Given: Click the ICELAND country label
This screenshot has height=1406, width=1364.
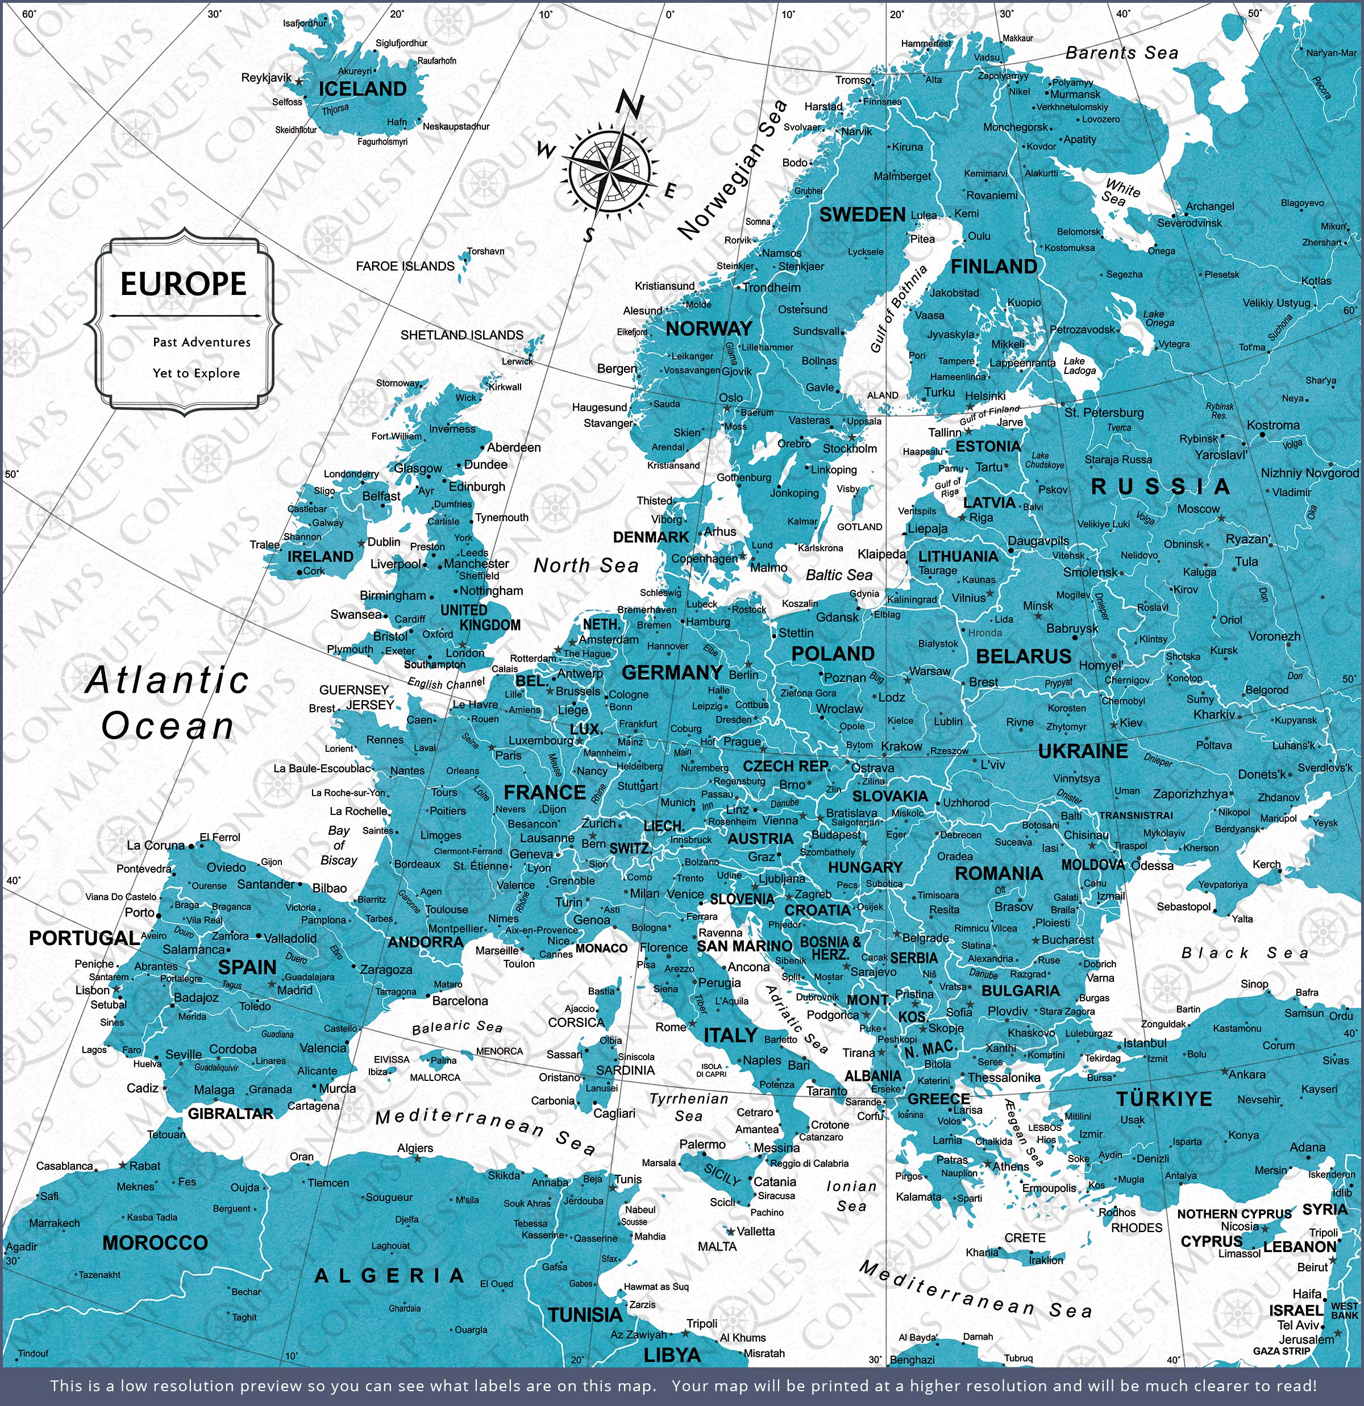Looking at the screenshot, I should tap(363, 89).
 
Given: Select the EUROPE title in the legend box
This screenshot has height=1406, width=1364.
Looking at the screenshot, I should tap(183, 284).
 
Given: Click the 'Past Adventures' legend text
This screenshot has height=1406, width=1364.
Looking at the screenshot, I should tap(202, 342).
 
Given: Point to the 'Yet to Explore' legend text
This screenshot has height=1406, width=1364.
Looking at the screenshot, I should tap(196, 373).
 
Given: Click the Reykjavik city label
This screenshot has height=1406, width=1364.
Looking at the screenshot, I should tap(266, 77).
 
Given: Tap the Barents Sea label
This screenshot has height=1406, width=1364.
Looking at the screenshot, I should tap(1121, 53).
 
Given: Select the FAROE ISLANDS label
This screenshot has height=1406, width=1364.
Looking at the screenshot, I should tap(405, 266).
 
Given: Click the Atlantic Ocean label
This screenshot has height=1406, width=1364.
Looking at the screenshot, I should tap(167, 703).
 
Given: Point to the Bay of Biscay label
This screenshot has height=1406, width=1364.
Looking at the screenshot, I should tap(339, 845).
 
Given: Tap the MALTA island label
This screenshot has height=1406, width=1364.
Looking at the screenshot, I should tap(717, 1246).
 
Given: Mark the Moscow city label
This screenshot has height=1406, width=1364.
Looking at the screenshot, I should tap(1197, 509).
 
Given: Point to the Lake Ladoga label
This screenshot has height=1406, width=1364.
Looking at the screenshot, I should tap(1079, 366).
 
